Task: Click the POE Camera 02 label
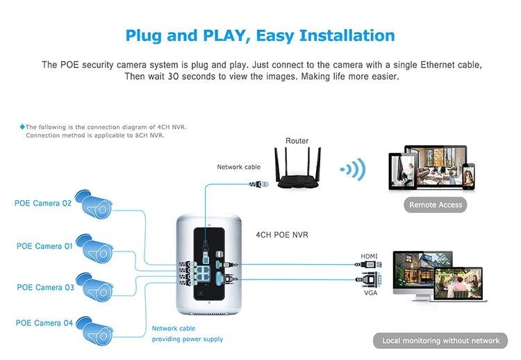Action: [x=43, y=203]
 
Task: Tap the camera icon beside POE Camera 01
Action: [x=94, y=249]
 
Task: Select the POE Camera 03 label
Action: [x=46, y=287]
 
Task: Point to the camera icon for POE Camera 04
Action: [x=94, y=331]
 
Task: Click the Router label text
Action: [x=297, y=140]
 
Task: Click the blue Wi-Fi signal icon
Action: [x=353, y=170]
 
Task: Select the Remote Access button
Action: [x=436, y=205]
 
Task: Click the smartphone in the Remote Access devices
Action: [x=468, y=177]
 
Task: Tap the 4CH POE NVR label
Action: [x=282, y=235]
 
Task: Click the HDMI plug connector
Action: [x=368, y=265]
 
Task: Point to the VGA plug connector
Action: [x=369, y=279]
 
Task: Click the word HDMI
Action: [x=369, y=256]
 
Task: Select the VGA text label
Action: [x=370, y=293]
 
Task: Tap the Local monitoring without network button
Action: [x=440, y=341]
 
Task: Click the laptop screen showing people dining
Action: [x=458, y=284]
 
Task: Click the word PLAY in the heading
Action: [x=224, y=35]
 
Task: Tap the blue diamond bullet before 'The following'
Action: [x=22, y=126]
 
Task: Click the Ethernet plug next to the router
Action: [x=259, y=184]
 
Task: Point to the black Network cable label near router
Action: [x=238, y=167]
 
